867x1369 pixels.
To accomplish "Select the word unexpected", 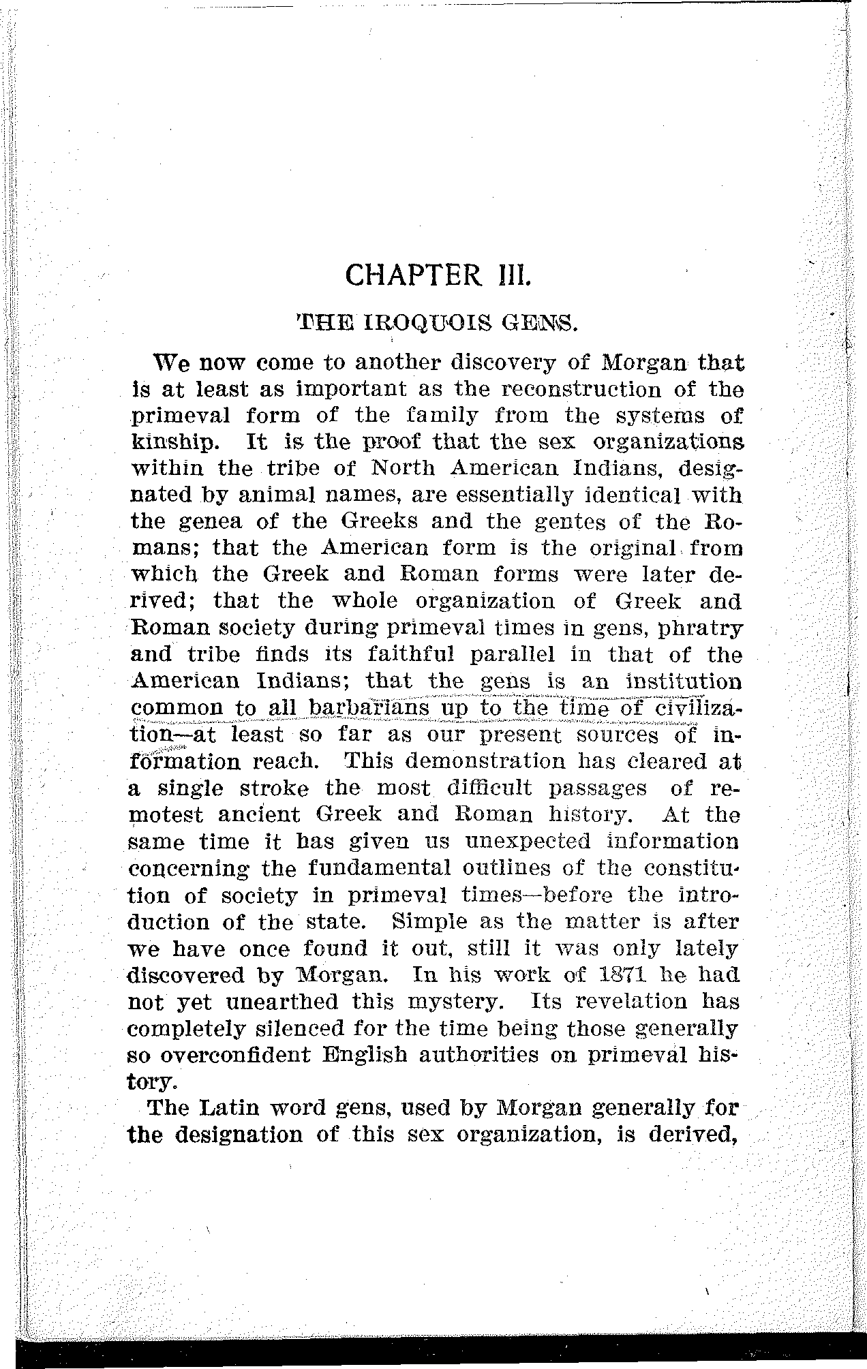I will (527, 842).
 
